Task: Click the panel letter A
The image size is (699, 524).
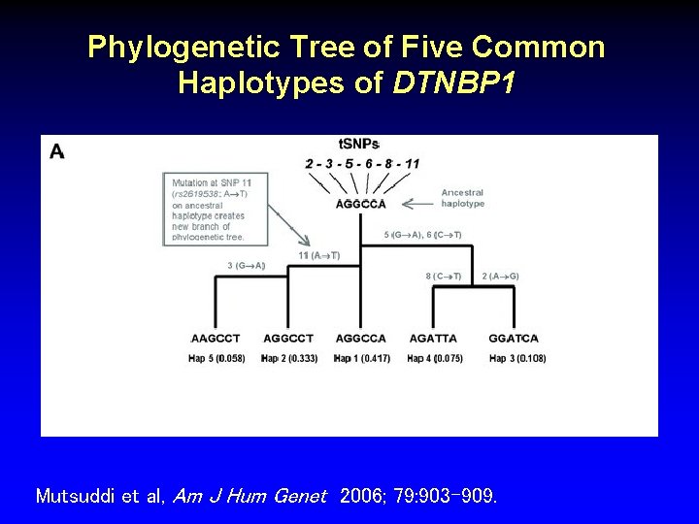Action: coord(56,151)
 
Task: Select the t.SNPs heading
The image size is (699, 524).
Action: coord(359,145)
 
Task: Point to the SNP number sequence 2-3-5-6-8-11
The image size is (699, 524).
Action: coord(361,163)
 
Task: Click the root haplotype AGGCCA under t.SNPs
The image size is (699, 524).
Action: coord(361,204)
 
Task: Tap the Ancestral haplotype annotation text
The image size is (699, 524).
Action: coord(463,198)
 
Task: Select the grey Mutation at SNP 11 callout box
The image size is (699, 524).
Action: coord(215,208)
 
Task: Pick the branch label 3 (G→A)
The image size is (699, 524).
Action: coord(247,265)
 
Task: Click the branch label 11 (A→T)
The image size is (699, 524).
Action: coord(319,255)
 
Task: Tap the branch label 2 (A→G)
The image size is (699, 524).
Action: coord(500,277)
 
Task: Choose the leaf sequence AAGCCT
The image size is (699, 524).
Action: coord(216,339)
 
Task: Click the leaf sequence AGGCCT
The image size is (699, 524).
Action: coord(288,339)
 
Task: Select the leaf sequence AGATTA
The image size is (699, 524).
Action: coord(433,339)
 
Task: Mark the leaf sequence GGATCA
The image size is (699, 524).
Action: coord(514,339)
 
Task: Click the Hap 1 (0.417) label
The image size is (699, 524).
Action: coord(361,358)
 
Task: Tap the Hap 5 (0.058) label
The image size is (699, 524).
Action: coord(216,358)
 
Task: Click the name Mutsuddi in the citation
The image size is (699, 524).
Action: coord(74,496)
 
